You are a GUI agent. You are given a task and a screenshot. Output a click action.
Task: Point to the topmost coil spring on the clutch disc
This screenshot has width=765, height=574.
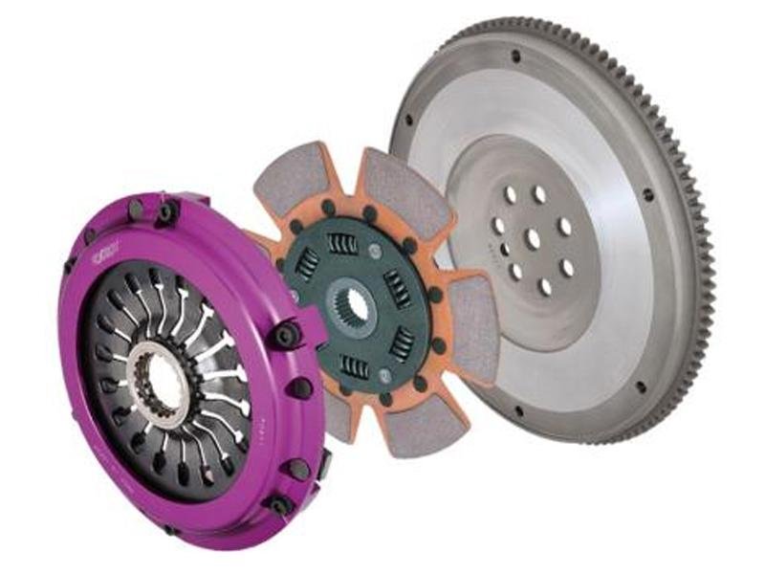coord(342,245)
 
